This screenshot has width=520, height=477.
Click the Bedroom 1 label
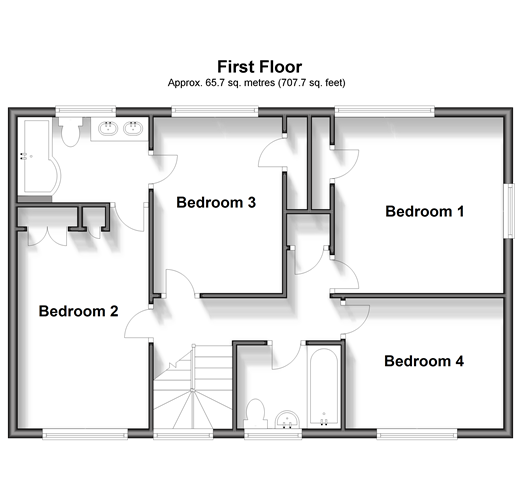pos(424,211)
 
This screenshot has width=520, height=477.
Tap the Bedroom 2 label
pos(78,311)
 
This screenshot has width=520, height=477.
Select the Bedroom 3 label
pos(216,202)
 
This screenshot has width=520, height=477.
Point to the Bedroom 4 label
pos(424,361)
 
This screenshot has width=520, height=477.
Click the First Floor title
pos(260,67)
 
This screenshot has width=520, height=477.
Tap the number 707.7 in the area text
pos(291,83)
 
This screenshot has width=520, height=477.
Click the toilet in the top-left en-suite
pos(71,132)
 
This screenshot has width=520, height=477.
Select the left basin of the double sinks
pos(108,128)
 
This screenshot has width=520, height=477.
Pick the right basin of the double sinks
pos(133,128)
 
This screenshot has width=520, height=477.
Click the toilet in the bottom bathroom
pos(255,413)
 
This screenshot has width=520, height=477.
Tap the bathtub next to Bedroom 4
pos(323,387)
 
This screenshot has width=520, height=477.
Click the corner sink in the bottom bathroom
pos(287,419)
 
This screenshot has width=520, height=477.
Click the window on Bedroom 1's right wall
pos(509,211)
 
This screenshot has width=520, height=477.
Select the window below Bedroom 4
pos(417,434)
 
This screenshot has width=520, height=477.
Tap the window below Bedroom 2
pos(85,434)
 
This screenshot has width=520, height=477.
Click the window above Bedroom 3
pos(215,111)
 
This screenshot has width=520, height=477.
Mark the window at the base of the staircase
pos(183,434)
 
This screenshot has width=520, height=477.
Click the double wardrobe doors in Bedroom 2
pos(48,237)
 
